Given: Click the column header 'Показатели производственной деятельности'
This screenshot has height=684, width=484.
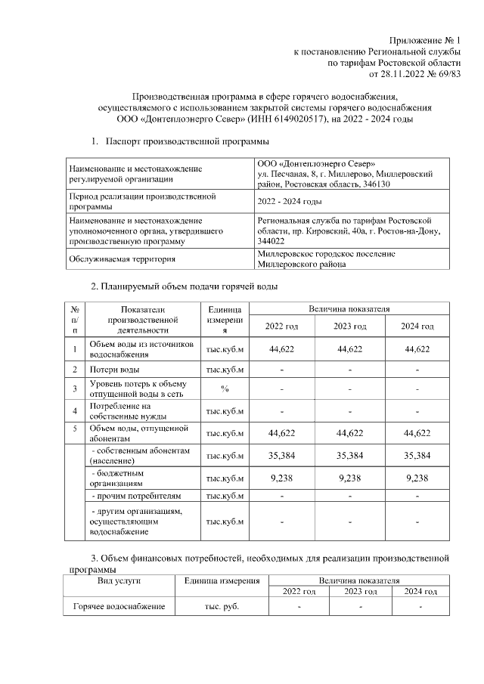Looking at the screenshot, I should click(141, 319).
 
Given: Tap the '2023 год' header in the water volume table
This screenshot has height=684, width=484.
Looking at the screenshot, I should click(349, 326).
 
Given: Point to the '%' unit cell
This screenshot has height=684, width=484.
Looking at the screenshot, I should click(225, 389).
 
